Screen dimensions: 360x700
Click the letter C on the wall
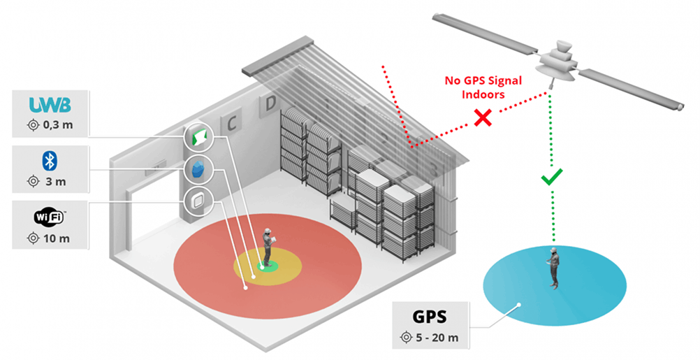(230, 124)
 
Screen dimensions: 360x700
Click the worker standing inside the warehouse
(267, 246)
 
